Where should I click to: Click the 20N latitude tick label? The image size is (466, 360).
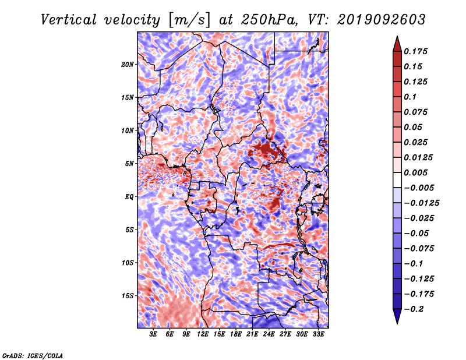[x=127, y=65]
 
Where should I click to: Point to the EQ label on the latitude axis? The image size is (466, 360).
[x=129, y=197]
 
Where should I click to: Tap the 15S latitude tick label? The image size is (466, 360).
[x=127, y=296]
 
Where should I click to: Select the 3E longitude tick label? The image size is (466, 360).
[x=153, y=334]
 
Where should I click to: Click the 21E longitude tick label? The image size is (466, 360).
[x=252, y=334]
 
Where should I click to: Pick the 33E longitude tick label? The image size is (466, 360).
[x=318, y=334]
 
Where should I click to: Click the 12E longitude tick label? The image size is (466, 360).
[x=202, y=334]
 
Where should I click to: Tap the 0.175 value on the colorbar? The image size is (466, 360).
[x=415, y=51]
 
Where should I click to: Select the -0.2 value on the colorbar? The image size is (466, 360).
[x=414, y=309]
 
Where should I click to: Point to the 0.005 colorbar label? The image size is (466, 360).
[x=415, y=172]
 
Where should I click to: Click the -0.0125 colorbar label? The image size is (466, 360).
[x=422, y=203]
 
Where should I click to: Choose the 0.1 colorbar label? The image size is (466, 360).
[x=410, y=97]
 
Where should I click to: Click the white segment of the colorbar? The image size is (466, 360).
[x=397, y=180]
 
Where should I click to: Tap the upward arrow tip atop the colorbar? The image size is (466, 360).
[x=397, y=36]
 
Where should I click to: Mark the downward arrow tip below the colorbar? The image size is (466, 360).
[x=397, y=324]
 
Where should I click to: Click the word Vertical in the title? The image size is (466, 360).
[x=69, y=20]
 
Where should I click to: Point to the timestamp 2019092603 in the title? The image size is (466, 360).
[x=382, y=20]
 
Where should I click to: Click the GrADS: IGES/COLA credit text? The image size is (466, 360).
[x=33, y=355]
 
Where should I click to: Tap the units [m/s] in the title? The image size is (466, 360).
[x=189, y=20]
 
